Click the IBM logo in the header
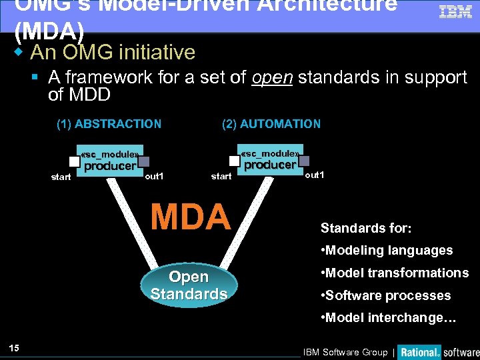click(x=455, y=12)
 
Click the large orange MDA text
click(x=190, y=217)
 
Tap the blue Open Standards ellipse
click(x=189, y=285)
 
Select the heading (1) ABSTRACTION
click(x=109, y=124)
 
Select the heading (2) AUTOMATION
click(x=271, y=124)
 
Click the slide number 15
click(x=15, y=347)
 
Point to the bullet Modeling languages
click(x=387, y=251)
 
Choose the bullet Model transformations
click(x=395, y=273)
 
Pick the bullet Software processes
click(x=386, y=295)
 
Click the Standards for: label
click(x=366, y=228)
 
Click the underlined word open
click(x=272, y=77)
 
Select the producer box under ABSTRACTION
click(x=109, y=161)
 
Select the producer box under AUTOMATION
click(x=269, y=160)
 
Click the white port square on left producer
click(x=75, y=161)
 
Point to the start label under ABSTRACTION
click(x=61, y=177)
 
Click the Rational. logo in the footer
click(x=419, y=352)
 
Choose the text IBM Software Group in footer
click(x=345, y=352)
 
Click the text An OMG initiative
click(x=113, y=52)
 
